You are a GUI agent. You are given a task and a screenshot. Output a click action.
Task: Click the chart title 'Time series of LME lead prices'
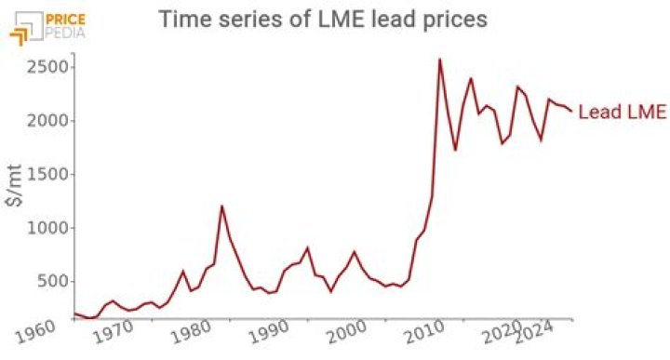tap(322, 19)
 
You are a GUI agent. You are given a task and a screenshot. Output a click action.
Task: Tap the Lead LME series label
tap(622, 113)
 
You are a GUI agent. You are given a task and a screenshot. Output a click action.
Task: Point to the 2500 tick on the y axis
tap(45, 67)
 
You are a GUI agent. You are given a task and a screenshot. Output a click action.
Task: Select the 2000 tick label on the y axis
tap(45, 121)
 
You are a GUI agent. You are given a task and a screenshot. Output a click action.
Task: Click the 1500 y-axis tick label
tap(45, 174)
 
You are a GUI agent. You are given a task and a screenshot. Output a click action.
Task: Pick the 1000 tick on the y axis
tap(45, 228)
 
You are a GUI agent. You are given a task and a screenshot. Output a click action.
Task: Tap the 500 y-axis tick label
tap(49, 281)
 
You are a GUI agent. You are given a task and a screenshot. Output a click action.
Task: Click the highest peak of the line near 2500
tap(439, 60)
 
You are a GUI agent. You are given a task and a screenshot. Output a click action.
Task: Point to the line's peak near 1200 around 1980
tap(221, 206)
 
